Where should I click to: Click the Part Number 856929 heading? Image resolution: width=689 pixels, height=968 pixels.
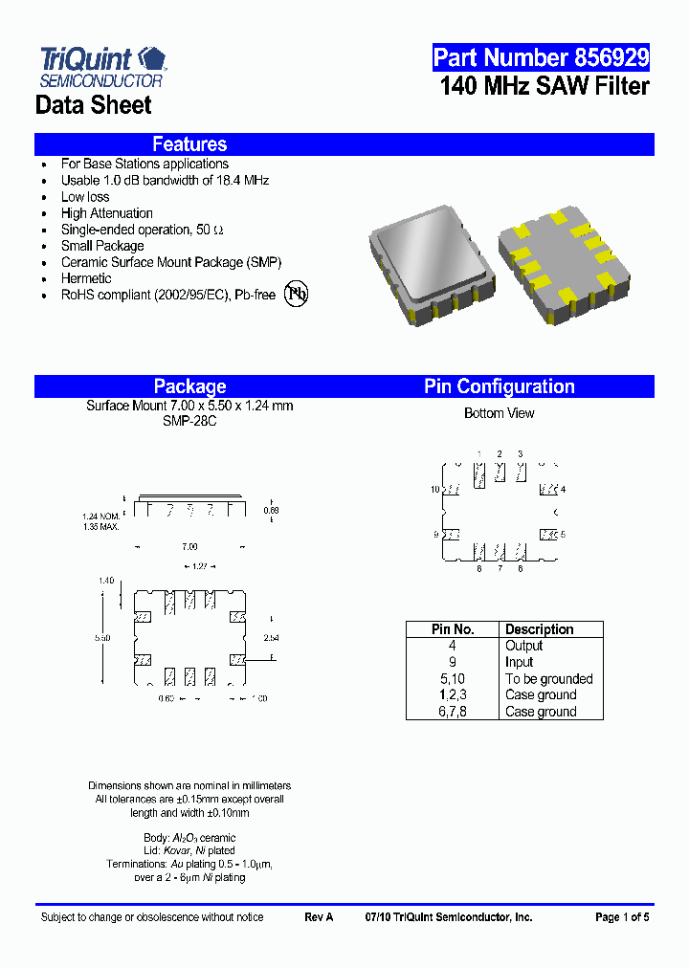pyautogui.click(x=541, y=57)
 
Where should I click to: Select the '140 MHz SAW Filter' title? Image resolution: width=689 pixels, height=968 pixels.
pyautogui.click(x=545, y=86)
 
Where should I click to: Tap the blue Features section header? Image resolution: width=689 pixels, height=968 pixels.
pyautogui.click(x=189, y=144)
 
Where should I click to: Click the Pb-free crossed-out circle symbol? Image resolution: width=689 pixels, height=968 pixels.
pyautogui.click(x=298, y=294)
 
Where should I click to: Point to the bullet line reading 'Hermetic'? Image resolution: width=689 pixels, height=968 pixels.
pyautogui.click(x=86, y=278)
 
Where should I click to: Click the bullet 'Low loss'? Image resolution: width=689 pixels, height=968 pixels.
pyautogui.click(x=85, y=197)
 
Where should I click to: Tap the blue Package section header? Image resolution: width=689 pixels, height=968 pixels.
pyautogui.click(x=189, y=386)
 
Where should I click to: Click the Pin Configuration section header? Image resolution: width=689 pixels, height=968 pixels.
pyautogui.click(x=500, y=386)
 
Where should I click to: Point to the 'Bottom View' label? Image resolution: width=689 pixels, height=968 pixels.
pyautogui.click(x=499, y=413)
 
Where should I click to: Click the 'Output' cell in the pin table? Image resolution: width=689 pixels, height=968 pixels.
pyautogui.click(x=523, y=646)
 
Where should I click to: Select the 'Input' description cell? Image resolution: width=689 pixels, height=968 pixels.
pyautogui.click(x=519, y=662)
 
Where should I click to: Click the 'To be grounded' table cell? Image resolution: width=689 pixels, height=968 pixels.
pyautogui.click(x=548, y=679)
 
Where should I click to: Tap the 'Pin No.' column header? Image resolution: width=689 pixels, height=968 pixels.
pyautogui.click(x=452, y=629)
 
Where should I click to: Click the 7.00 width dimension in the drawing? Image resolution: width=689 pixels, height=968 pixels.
pyautogui.click(x=189, y=546)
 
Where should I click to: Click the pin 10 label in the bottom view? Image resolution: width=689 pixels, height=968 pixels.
pyautogui.click(x=434, y=490)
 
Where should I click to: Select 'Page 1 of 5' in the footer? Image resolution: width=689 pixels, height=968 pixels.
pyautogui.click(x=622, y=917)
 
